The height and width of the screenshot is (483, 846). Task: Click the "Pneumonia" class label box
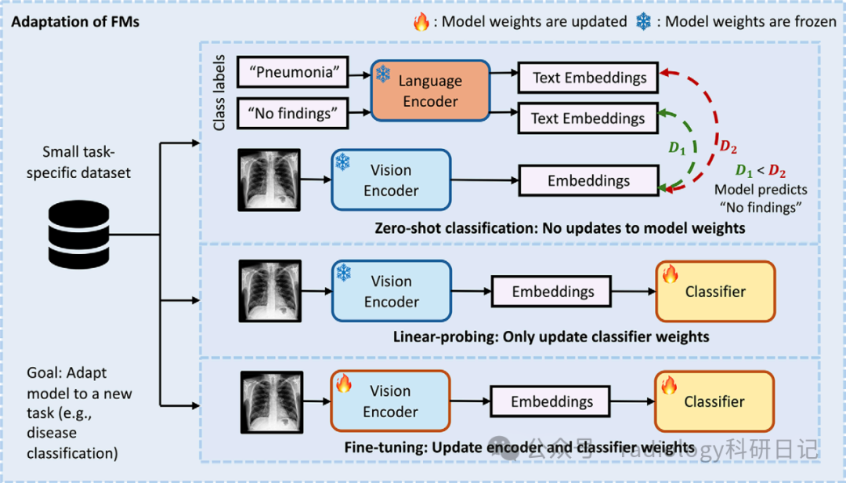point(291,74)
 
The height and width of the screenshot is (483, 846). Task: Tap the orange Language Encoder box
point(429,91)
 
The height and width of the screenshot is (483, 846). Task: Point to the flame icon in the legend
point(421,22)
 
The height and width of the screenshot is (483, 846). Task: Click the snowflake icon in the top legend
point(643,22)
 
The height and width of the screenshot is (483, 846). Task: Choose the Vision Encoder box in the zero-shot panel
point(391,180)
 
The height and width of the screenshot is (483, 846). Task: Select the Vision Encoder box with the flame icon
point(390,401)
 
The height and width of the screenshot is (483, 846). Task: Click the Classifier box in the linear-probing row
point(714,292)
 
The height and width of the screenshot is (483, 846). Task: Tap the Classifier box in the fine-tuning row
point(714,401)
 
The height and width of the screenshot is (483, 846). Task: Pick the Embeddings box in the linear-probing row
point(553,292)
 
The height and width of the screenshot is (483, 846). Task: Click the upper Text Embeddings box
point(589,78)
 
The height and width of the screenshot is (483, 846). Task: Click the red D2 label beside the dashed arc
point(728,147)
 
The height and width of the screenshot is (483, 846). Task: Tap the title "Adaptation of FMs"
point(75,21)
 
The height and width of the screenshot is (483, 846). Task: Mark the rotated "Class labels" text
point(220,92)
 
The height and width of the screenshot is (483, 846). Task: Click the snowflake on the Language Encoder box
point(383,74)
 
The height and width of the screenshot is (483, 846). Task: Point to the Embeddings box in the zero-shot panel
point(588,181)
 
